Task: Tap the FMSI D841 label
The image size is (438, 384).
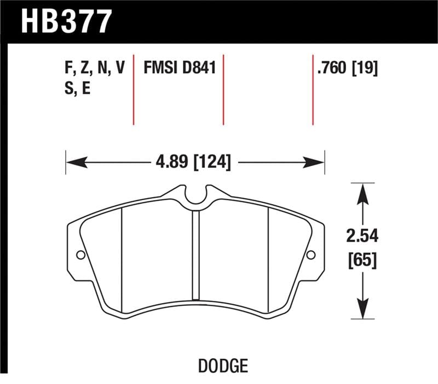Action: (x=180, y=69)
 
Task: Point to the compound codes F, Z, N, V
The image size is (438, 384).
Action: (x=94, y=69)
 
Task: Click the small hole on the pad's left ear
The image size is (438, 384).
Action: (x=80, y=255)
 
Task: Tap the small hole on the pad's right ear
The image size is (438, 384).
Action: (x=311, y=255)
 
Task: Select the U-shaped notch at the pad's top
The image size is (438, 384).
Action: (x=195, y=196)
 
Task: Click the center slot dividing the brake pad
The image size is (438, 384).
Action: (x=195, y=254)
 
